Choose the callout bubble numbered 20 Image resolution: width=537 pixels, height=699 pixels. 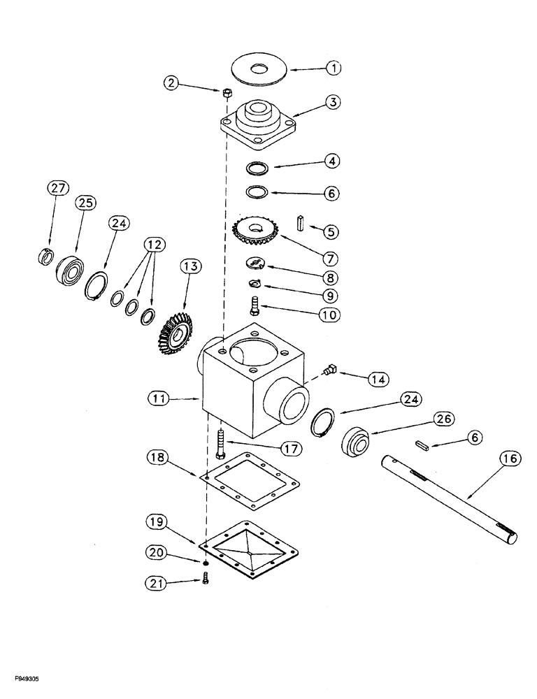[x=156, y=552]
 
